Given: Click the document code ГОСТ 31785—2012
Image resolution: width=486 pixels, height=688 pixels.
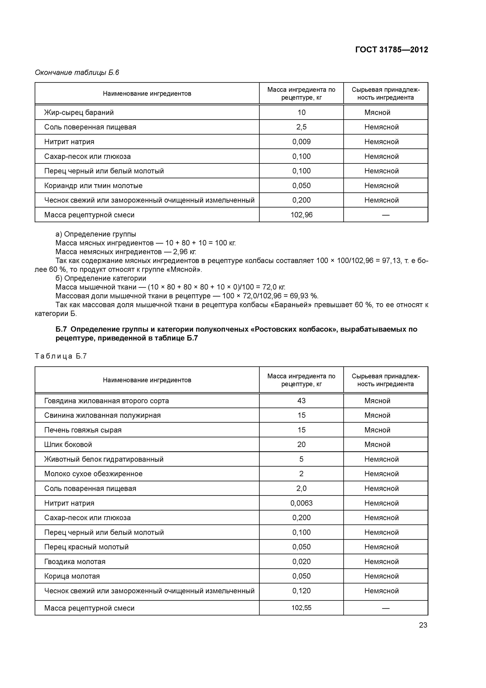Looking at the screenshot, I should point(391,50).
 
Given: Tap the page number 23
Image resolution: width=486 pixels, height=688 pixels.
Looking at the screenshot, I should point(423,625).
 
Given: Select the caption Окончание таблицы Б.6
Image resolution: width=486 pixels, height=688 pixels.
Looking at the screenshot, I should point(77,72).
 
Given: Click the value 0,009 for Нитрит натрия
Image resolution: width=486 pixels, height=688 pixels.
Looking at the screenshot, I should point(301,142).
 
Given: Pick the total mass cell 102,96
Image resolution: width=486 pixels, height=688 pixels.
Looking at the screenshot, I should point(301,215).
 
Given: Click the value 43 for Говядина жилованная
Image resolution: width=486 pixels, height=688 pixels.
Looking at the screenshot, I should point(301,401).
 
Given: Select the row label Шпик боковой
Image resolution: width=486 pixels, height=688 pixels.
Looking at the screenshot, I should point(68,444).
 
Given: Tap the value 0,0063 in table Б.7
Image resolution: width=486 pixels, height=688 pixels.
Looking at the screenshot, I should point(301,503).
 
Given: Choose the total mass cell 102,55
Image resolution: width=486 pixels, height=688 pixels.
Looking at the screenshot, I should point(301,608).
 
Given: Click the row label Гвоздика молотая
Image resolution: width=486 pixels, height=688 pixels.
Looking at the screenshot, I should point(75,562).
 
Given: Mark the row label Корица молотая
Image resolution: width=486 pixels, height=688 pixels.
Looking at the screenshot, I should point(72,576).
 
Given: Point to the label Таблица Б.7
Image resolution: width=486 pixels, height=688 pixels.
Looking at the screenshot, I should point(61,356).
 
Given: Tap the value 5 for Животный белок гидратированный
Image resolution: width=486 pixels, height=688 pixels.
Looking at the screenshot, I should point(301,459).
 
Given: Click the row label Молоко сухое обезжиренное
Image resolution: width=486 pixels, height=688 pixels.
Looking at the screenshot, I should point(93,474).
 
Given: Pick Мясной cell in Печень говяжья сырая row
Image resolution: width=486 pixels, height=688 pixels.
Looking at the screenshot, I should point(377,430).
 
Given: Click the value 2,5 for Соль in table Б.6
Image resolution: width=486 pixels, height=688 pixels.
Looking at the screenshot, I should point(301,127).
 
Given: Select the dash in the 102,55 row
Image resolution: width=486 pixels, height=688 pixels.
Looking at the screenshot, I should point(386,608).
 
